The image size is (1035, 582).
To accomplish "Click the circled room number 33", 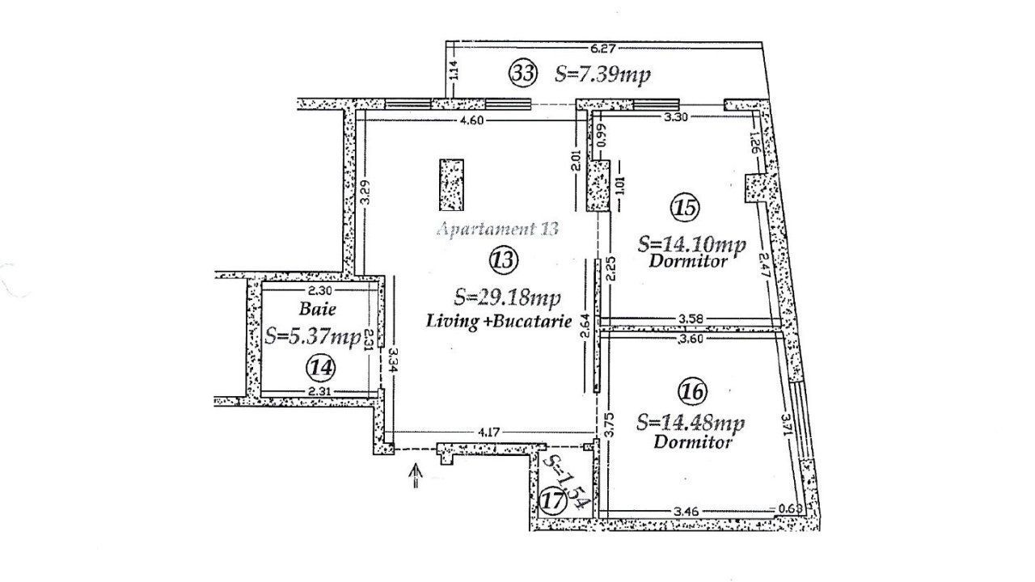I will pos(522,73).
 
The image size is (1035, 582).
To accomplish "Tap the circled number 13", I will pos(502,259).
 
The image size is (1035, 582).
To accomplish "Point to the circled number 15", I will pos(685,208).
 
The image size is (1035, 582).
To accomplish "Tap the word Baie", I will pos(317,308).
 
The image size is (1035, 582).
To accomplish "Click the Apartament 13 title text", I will pos(497,229).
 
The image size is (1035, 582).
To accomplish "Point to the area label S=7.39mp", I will pos(602,74).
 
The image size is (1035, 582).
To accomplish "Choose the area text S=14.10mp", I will pos(691,243).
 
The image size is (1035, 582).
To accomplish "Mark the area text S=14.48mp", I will pos(691,424).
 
